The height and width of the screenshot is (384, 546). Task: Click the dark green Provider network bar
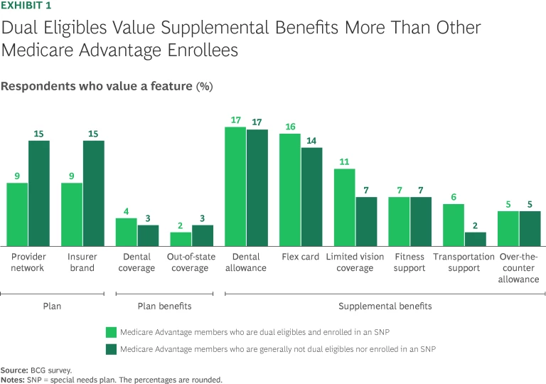pos(39,193)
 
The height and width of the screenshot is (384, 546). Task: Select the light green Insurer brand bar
pos(72,214)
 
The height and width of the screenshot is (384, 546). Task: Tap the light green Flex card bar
pos(289,189)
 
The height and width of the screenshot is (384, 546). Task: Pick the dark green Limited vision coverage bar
pos(366,221)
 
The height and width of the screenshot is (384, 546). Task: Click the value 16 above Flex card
pos(289,127)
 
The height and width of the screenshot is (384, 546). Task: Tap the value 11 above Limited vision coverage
pos(344,161)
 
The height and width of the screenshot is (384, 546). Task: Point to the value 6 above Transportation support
pos(454,198)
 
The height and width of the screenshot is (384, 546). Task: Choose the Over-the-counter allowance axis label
pos(519,268)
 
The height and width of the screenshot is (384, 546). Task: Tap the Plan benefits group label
pos(164,306)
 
